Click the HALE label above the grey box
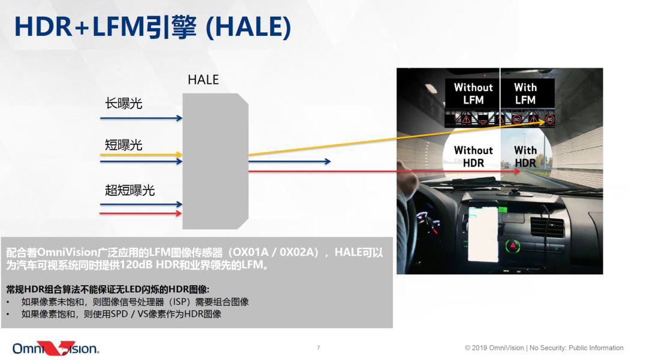pyautogui.click(x=203, y=80)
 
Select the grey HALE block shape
pyautogui.click(x=216, y=161)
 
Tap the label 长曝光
pyautogui.click(x=123, y=103)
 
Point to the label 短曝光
pyautogui.click(x=123, y=145)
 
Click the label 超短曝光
pyautogui.click(x=129, y=190)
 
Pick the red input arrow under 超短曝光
pyautogui.click(x=141, y=213)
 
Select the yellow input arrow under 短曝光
pyautogui.click(x=141, y=155)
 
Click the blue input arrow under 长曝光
pyautogui.click(x=141, y=119)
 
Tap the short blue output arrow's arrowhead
pyautogui.click(x=328, y=161)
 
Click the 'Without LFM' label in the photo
pyautogui.click(x=473, y=93)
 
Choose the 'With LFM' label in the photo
pyautogui.click(x=525, y=93)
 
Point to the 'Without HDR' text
pyautogui.click(x=473, y=157)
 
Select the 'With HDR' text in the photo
pyautogui.click(x=525, y=157)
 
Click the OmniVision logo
pyautogui.click(x=56, y=349)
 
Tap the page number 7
pyautogui.click(x=318, y=347)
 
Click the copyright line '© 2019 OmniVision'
pyautogui.click(x=494, y=347)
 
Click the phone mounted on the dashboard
pyautogui.click(x=483, y=234)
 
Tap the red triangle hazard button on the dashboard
pyautogui.click(x=513, y=246)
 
